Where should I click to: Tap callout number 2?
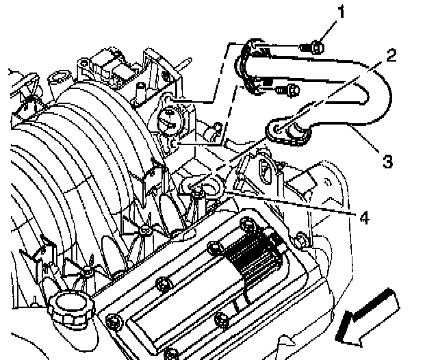[x=391, y=55]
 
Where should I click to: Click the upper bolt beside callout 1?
[x=316, y=47]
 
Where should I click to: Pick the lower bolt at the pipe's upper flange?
[x=290, y=89]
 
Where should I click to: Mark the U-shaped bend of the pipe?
[x=373, y=103]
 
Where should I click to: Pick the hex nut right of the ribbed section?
[x=300, y=240]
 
